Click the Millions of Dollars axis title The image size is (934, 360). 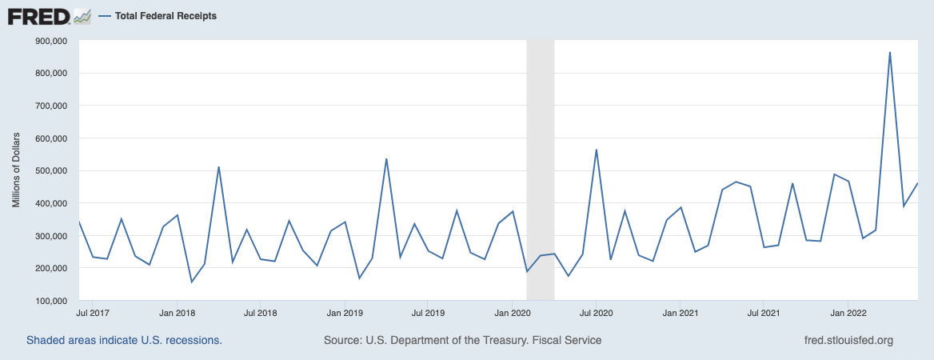pyautogui.click(x=16, y=171)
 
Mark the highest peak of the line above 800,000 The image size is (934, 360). pyautogui.click(x=890, y=53)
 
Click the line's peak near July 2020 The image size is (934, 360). pyautogui.click(x=596, y=150)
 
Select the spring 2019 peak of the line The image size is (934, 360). pyautogui.click(x=386, y=159)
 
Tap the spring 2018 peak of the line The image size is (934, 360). pyautogui.click(x=218, y=167)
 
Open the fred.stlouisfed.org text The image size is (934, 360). pyautogui.click(x=848, y=340)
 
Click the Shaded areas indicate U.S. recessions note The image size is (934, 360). pyautogui.click(x=124, y=340)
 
